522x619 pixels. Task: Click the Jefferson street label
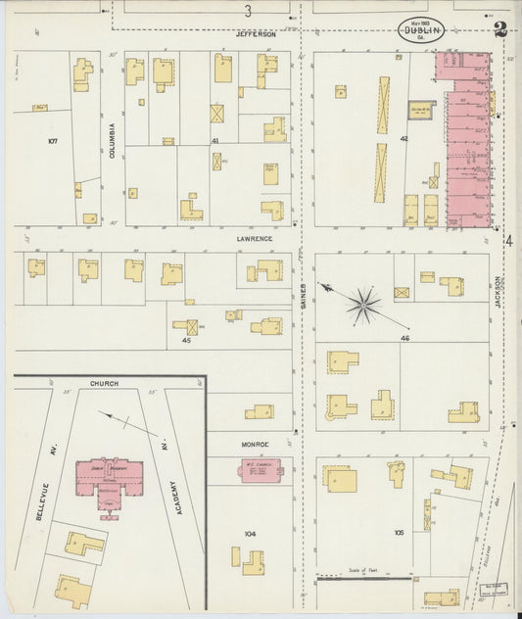(257, 33)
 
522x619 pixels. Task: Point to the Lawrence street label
(254, 238)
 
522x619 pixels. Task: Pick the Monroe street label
(255, 444)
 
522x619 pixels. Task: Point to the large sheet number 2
(499, 29)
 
